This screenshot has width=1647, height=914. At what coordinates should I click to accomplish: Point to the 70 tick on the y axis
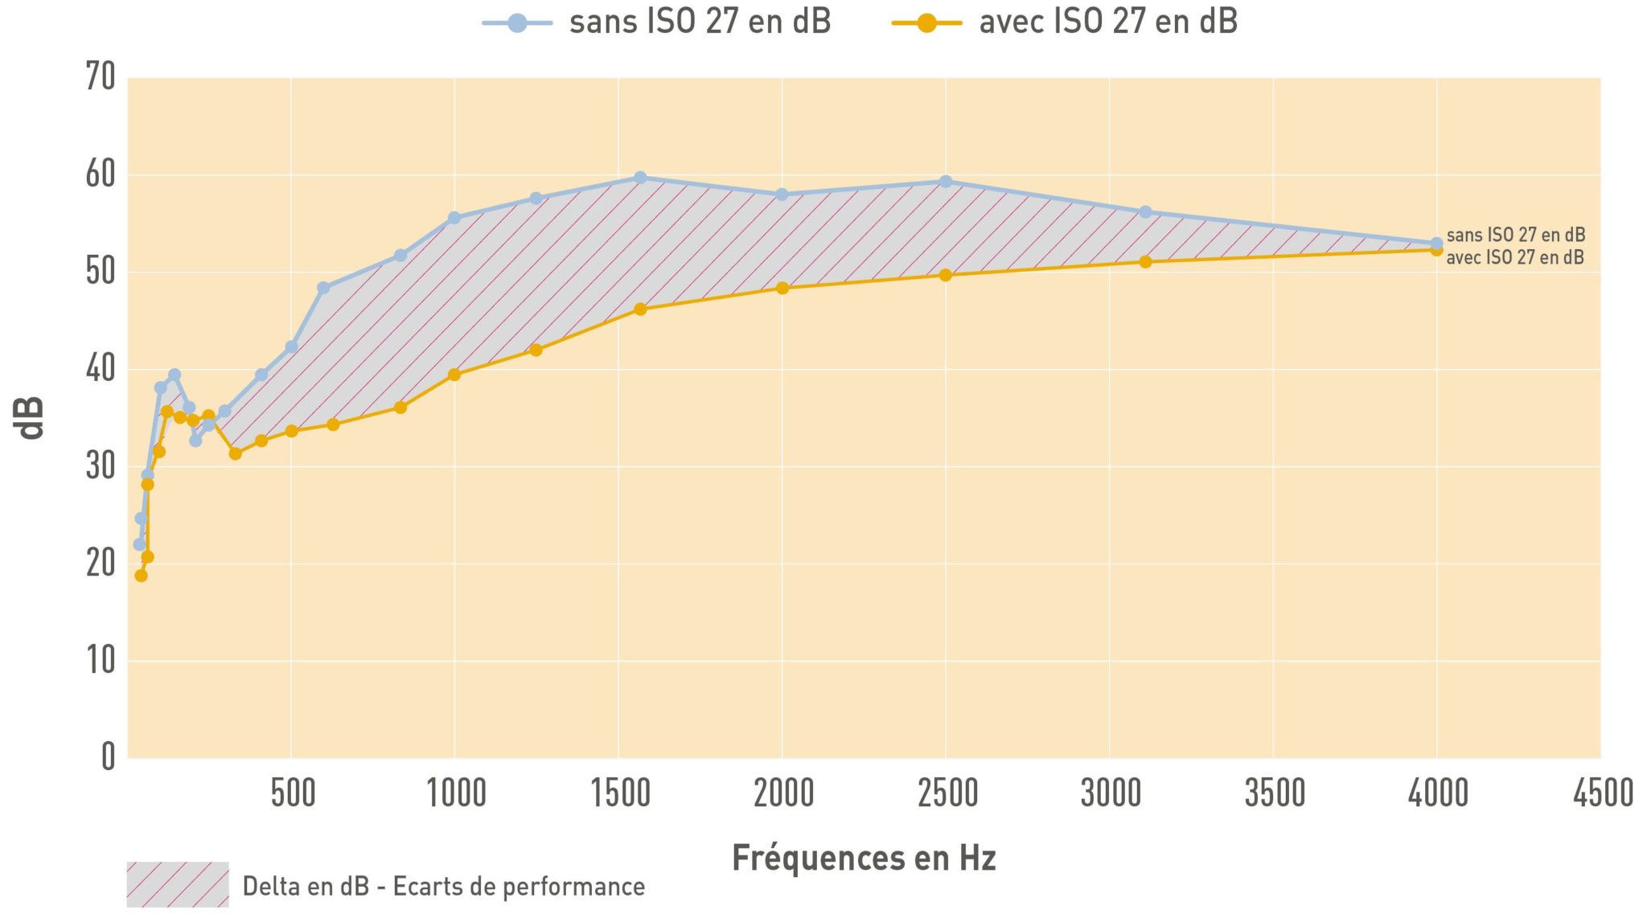[x=101, y=77]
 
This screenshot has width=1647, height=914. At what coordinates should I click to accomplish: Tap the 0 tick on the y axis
[x=108, y=756]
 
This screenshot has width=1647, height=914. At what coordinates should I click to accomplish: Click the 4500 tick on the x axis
[x=1603, y=793]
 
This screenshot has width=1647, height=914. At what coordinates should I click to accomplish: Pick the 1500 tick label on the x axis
[x=620, y=793]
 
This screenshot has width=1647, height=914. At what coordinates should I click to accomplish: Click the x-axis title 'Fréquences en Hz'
[x=864, y=858]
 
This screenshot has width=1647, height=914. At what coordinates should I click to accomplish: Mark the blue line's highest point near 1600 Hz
[x=640, y=178]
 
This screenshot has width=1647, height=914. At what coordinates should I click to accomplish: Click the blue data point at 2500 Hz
[x=946, y=182]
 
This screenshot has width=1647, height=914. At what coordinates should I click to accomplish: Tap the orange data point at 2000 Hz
[x=782, y=288]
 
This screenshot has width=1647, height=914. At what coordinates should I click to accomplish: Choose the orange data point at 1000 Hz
[x=454, y=375]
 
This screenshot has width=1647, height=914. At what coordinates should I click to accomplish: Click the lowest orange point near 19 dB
[x=141, y=576]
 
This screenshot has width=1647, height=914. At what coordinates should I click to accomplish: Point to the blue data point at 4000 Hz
[x=1436, y=243]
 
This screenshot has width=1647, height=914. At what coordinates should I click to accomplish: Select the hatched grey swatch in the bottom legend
[x=178, y=884]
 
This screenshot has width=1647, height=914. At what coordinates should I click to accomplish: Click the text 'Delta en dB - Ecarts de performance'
[x=443, y=886]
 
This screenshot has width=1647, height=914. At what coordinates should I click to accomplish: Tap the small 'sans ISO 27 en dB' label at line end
[x=1515, y=235]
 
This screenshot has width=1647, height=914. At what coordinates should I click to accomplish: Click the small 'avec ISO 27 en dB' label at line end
[x=1515, y=257]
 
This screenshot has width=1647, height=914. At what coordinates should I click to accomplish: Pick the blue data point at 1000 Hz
[x=454, y=218]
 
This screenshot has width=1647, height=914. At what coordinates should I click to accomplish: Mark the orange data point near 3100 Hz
[x=1145, y=262]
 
